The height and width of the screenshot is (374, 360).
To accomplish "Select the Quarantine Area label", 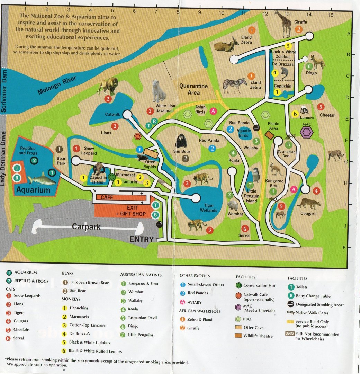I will pos(193,89).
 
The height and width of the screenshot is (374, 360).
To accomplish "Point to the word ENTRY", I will pos(141,239).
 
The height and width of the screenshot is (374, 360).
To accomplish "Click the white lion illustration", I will pos(159,91).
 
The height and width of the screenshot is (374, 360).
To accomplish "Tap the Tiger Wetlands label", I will pos(208,208).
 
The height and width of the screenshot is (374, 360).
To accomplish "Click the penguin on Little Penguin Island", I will pos(255,175).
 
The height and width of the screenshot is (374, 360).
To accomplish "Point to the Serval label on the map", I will pos(244,235).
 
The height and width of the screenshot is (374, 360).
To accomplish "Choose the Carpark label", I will pos(86,227).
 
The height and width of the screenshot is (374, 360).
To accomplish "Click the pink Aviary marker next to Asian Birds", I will pos(213,111).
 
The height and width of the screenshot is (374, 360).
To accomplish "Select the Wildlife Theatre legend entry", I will pos(258,336).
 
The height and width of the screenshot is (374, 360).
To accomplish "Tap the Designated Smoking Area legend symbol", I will pos(291,304).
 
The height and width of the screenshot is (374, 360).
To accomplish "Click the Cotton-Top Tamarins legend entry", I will pos(88,325).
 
